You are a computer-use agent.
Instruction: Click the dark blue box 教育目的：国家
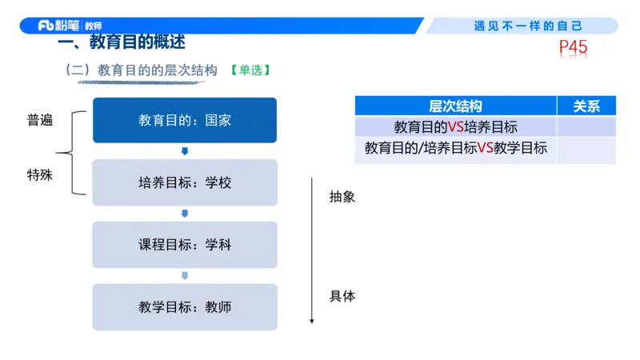185,120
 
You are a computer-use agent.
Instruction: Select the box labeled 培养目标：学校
185,182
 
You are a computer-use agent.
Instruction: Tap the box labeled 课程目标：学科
185,244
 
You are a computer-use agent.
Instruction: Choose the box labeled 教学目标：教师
185,306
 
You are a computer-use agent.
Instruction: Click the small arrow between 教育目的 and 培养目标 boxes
185,151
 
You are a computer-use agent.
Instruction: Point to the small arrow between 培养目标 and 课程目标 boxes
185,214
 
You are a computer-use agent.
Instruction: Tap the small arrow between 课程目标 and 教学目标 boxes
185,275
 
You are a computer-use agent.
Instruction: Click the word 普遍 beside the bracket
40,120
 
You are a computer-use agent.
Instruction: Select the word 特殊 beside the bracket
40,174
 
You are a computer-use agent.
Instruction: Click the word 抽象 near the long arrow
342,197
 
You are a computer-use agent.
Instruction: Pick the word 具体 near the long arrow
342,296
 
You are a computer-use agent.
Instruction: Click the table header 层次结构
455,106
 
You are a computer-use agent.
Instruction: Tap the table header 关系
586,106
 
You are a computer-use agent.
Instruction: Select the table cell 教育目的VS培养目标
455,126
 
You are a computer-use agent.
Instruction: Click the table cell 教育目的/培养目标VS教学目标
455,148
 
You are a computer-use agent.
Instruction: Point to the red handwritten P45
573,49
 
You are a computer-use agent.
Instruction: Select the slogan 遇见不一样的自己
528,26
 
